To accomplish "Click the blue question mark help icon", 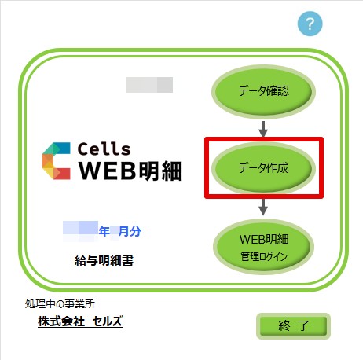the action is [310, 24].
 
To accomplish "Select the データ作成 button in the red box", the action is [263, 167].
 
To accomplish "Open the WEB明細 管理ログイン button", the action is [263, 247].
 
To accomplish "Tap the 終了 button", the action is [293, 326].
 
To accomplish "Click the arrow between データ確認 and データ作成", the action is [263, 129].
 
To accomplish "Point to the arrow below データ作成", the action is [263, 207].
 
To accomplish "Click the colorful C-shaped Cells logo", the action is [57, 161].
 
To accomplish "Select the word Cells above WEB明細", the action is [104, 149].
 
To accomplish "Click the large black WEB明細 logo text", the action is [130, 171].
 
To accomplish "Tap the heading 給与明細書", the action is [104, 260].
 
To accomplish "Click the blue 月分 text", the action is [130, 231].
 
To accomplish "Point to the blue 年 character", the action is [104, 231].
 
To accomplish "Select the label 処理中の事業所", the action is [60, 303].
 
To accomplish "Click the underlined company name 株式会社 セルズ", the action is [80, 321].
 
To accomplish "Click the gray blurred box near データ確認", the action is [149, 85].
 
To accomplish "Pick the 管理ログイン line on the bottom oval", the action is [264, 256].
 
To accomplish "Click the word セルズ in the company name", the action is [108, 321].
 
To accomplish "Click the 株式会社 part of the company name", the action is [61, 321].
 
